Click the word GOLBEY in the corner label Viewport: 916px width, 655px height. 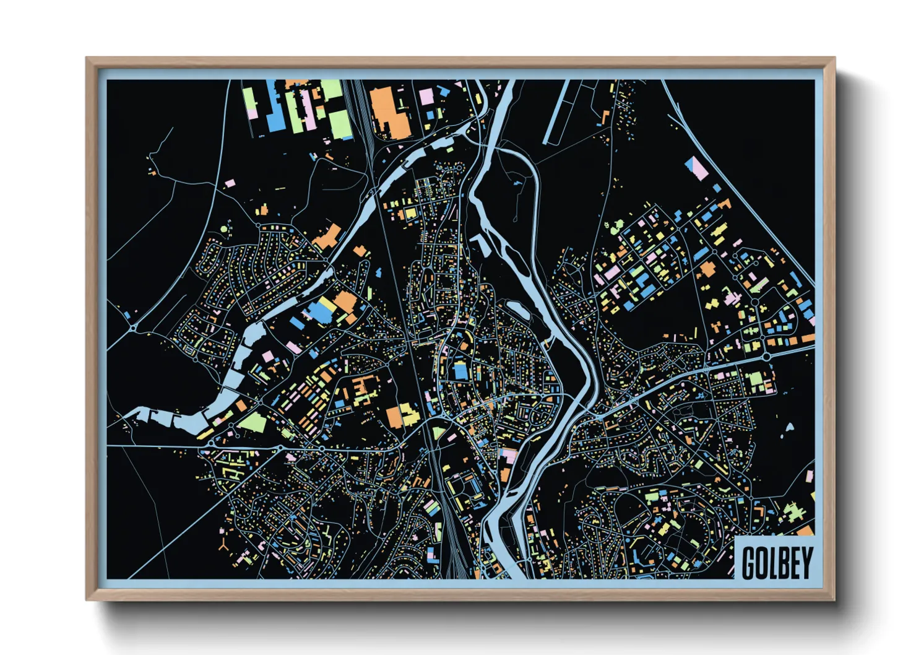coord(777,562)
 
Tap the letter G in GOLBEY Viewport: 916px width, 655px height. coord(749,562)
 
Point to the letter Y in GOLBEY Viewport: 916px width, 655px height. coord(806,562)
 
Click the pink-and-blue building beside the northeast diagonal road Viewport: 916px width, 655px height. coord(696,168)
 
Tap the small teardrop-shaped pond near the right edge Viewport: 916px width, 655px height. coord(789,427)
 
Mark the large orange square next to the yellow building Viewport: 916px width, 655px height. coord(394,417)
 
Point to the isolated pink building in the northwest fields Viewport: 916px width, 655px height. coord(230,183)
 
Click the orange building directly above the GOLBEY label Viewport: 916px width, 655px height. coord(805,531)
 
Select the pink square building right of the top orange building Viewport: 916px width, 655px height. coord(426,97)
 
